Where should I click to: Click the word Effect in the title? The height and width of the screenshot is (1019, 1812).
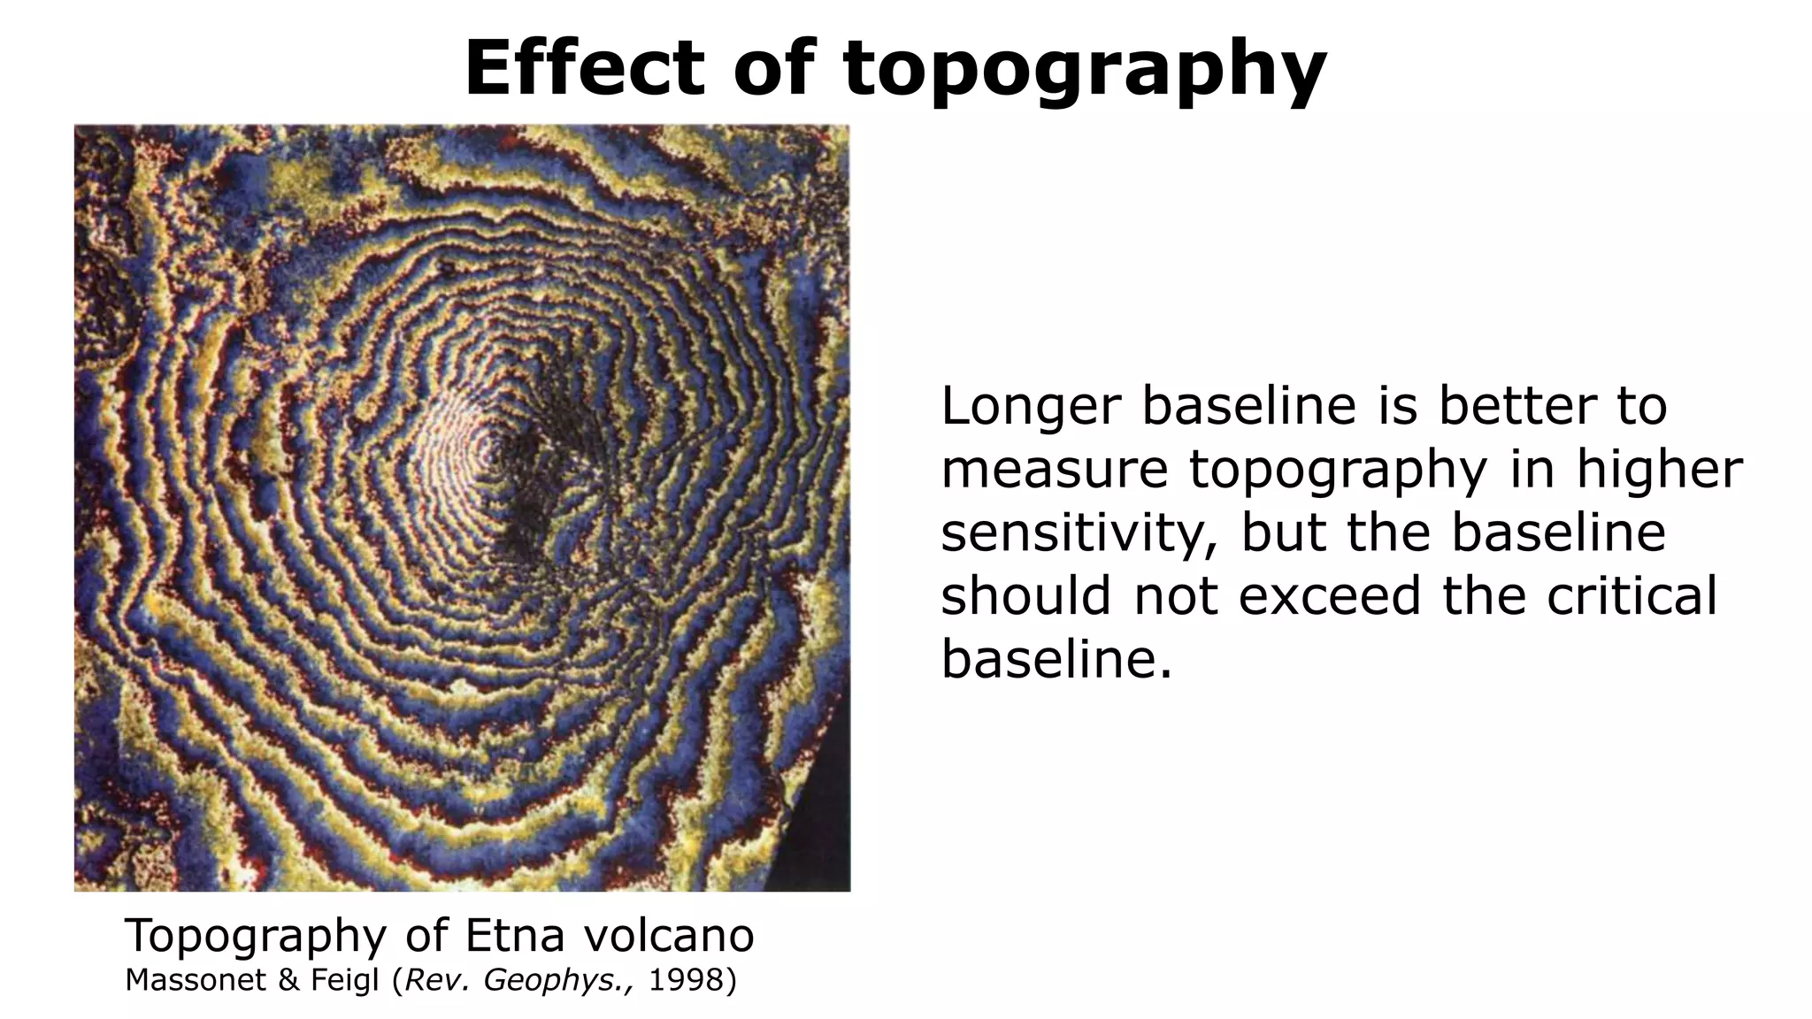click(584, 69)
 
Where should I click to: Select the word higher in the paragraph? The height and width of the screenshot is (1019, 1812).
click(1660, 470)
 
